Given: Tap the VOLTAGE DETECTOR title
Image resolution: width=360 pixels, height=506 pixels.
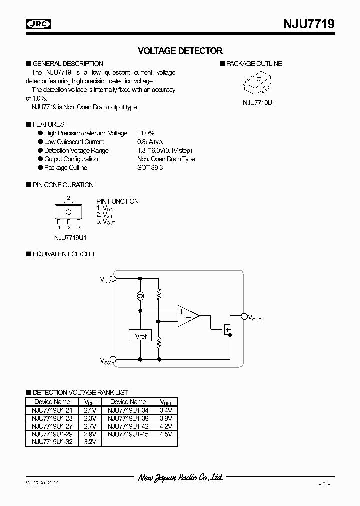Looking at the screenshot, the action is pos(180,51).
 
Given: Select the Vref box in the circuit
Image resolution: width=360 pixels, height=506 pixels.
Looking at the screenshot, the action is pos(141,336).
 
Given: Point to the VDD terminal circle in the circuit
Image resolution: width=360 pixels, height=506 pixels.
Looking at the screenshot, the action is pos(113,279).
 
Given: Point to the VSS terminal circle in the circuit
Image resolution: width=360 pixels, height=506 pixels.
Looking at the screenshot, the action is pos(113,359).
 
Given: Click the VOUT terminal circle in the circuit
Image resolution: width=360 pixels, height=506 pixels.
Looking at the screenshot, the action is pos(244,316).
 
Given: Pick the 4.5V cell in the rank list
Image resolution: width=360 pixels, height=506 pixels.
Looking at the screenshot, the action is pos(166,434).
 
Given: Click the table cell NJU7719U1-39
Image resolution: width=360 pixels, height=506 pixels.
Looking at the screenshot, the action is pos(128,418).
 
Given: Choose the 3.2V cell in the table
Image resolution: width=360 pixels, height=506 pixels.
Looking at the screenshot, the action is pos(90,442).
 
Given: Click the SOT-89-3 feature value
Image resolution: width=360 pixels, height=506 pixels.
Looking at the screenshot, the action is pos(150,168).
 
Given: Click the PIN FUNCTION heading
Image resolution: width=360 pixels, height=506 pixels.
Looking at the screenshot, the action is pos(117,201).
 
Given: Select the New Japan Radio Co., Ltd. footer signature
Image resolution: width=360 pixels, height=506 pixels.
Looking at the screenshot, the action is pos(180,478).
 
